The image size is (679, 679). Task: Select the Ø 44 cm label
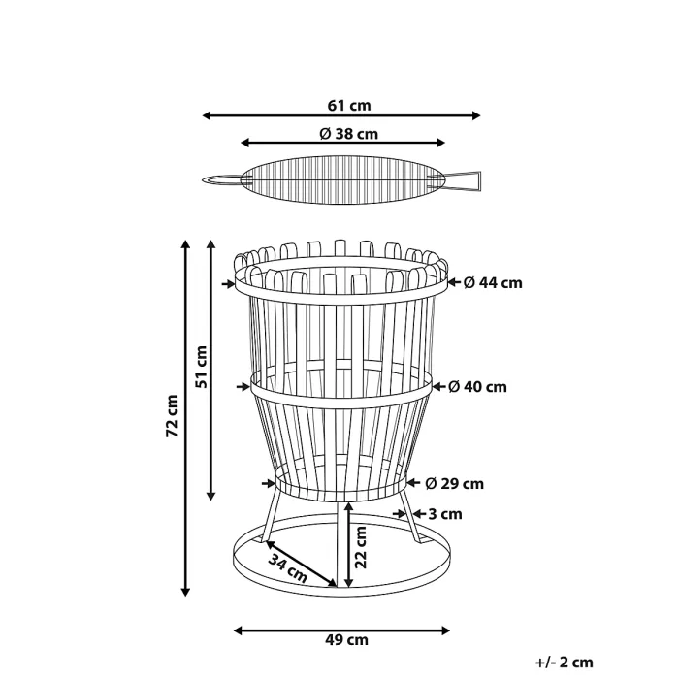point(492,283)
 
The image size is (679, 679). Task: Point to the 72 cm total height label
point(172,415)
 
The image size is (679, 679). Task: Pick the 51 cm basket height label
point(201,367)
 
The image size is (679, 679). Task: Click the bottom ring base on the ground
point(341,582)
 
